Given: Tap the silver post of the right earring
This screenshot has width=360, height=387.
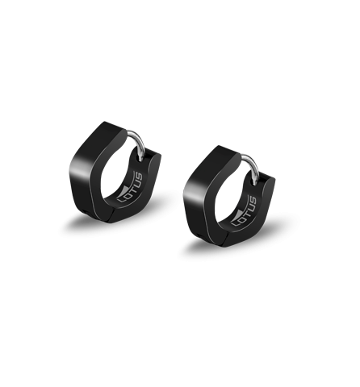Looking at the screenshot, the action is point(253,165).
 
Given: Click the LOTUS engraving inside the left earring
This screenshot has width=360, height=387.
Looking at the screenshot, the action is point(130,188).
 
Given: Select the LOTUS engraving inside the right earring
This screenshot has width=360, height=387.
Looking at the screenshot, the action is point(245,212).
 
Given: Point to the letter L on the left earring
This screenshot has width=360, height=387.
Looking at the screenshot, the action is point(120,199).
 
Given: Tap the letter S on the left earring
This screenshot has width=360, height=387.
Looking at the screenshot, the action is point(139,177).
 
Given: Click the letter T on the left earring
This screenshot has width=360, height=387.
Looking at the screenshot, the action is point(130,189).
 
